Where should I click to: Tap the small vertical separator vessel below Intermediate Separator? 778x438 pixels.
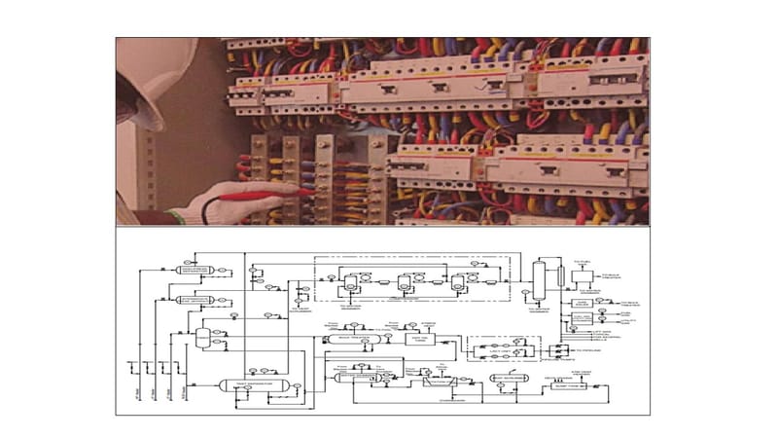pyautogui.click(x=201, y=338)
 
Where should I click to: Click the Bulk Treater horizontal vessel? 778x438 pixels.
pyautogui.click(x=351, y=339)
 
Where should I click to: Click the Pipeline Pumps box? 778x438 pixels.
pyautogui.click(x=559, y=349)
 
